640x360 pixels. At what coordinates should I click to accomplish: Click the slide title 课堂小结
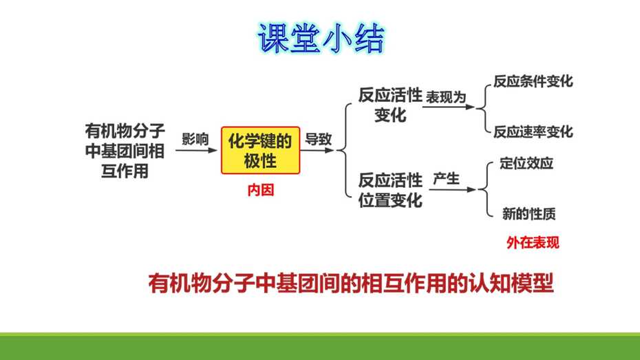point(321,39)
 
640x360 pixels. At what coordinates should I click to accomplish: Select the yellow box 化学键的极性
point(260,151)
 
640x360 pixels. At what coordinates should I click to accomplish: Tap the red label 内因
point(260,190)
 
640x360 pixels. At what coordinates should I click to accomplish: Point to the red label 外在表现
point(533,243)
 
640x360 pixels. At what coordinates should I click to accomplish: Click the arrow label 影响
point(195,139)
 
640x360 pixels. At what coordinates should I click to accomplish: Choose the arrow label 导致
point(319,139)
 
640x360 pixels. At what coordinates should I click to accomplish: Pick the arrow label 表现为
point(446,97)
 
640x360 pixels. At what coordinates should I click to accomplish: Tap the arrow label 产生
point(446,179)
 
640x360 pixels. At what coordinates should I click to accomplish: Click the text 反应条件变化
point(533,81)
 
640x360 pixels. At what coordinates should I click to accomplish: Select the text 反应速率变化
point(533,132)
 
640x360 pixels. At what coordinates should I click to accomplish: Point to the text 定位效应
point(526,163)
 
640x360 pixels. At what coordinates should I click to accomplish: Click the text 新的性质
point(529,213)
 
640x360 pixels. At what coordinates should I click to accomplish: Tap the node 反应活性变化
point(390,105)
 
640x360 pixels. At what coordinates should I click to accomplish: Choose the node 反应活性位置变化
point(390,190)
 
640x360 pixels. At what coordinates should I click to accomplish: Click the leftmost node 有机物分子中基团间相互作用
point(125,151)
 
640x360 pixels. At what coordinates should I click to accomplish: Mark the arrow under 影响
point(196,150)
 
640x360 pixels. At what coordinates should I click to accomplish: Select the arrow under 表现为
point(449,107)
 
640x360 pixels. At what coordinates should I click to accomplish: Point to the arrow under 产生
point(452,189)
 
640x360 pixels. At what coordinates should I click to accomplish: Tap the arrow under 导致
point(317,150)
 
